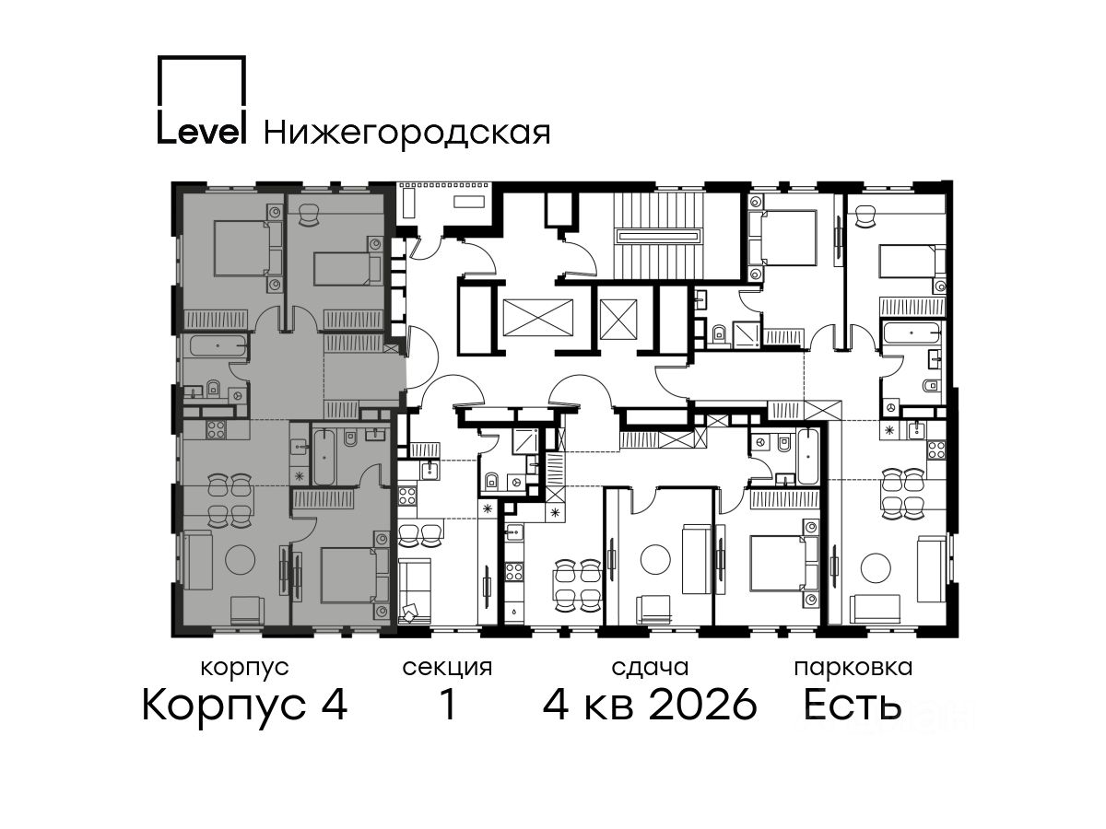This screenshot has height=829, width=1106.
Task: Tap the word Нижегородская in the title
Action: (407, 134)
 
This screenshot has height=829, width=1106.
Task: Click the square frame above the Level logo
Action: (202, 80)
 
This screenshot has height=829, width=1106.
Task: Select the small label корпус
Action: (244, 669)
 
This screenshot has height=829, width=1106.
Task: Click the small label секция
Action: (447, 669)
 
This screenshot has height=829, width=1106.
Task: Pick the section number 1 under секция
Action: (447, 705)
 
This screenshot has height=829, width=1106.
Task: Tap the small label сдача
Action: (650, 668)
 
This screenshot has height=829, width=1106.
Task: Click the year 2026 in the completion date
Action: (703, 705)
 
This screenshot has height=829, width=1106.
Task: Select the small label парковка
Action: (853, 669)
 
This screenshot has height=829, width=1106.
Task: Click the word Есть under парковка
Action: (852, 705)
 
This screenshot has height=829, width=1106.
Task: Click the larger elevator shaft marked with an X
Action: (538, 317)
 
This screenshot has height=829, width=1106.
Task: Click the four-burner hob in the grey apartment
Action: (216, 429)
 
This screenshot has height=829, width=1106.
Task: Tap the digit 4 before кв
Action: (556, 705)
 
